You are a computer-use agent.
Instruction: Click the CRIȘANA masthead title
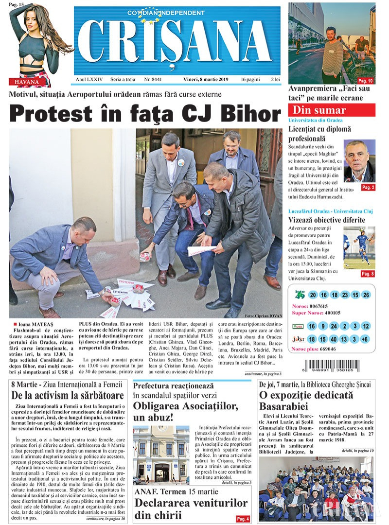click(177, 42)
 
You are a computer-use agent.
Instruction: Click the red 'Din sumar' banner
click(331, 110)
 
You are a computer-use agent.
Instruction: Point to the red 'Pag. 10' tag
click(365, 80)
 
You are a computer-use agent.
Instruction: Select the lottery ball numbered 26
click(366, 295)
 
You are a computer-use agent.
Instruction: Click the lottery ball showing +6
click(366, 339)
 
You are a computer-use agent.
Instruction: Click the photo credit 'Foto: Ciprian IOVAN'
click(263, 315)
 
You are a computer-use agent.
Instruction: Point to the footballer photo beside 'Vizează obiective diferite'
click(359, 248)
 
